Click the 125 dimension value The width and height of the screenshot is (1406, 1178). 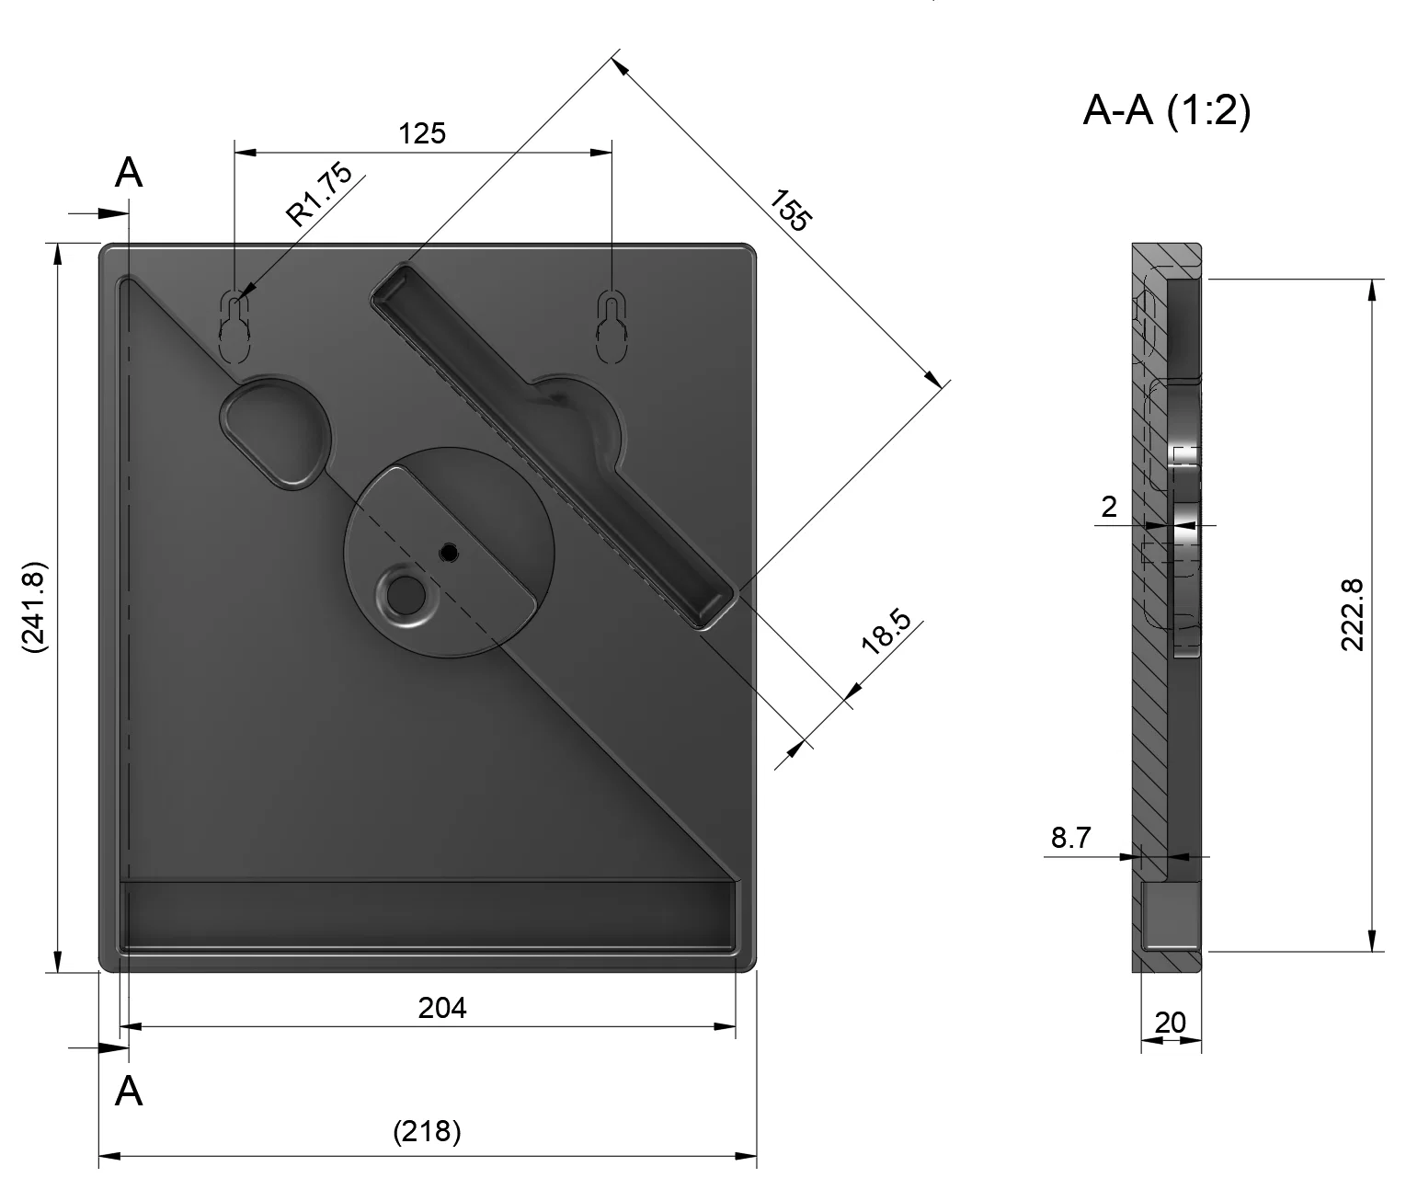click(422, 133)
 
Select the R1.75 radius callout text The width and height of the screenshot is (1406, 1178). click(318, 194)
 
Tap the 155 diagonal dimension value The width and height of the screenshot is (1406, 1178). click(791, 211)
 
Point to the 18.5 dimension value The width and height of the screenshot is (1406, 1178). click(886, 631)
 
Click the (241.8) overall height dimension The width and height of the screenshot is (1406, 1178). click(34, 607)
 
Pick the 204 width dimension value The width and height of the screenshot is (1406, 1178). click(441, 1008)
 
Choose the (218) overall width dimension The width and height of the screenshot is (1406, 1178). click(427, 1131)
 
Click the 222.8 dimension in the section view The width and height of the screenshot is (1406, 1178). click(1352, 614)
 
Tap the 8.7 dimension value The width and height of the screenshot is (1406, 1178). click(1070, 837)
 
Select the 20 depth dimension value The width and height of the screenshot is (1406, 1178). click(1171, 1023)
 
